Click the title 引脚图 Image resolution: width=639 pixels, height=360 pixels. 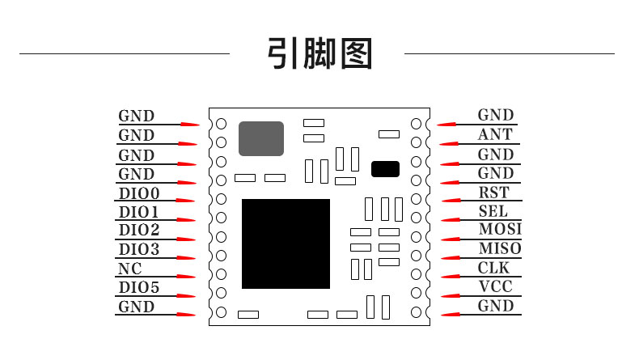(x=319, y=53)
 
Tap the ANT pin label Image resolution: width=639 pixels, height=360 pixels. (x=495, y=135)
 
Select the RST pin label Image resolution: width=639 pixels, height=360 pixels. (x=494, y=193)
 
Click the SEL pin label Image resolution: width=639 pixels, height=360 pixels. (x=493, y=212)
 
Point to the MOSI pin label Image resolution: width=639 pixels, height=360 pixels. (x=500, y=230)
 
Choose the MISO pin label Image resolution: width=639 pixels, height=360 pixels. (x=500, y=248)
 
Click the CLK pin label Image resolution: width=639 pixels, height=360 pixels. (x=494, y=268)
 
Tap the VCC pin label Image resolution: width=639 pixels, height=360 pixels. (x=495, y=286)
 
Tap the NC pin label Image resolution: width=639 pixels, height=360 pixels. (x=130, y=269)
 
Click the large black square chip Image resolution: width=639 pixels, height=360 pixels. (x=286, y=244)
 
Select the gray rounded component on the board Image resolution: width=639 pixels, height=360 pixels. (x=261, y=138)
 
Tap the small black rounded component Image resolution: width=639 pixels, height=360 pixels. (x=385, y=169)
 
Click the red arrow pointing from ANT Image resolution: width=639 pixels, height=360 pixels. (x=448, y=144)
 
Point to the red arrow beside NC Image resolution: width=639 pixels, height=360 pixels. (x=187, y=277)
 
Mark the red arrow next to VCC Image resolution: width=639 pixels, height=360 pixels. (x=448, y=296)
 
